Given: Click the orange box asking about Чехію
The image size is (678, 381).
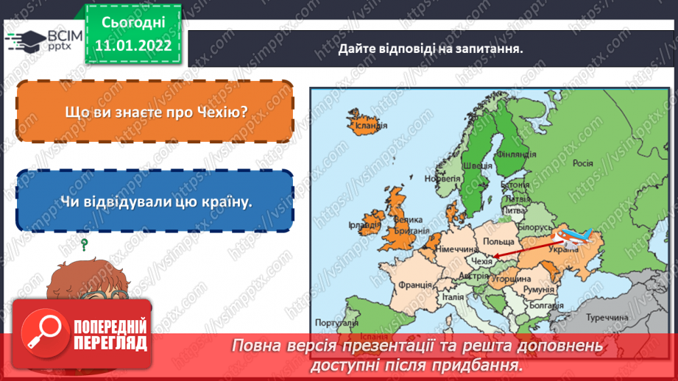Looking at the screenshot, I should (155, 111).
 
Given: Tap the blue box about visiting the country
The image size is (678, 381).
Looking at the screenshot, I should (155, 201).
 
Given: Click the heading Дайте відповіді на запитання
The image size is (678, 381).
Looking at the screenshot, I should (431, 50).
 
